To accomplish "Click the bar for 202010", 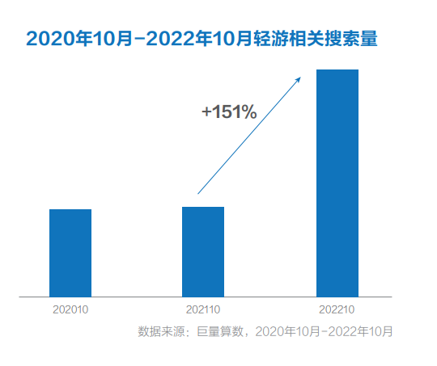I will (70, 253).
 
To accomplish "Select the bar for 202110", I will (203, 251).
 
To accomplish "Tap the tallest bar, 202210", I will (337, 183).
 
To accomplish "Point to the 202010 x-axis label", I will (70, 309).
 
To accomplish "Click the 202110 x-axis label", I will (203, 309).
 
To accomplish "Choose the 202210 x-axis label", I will (337, 309).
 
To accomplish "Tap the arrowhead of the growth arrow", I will (299, 78).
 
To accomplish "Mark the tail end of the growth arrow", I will (198, 193).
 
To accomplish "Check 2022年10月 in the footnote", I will (362, 331).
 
